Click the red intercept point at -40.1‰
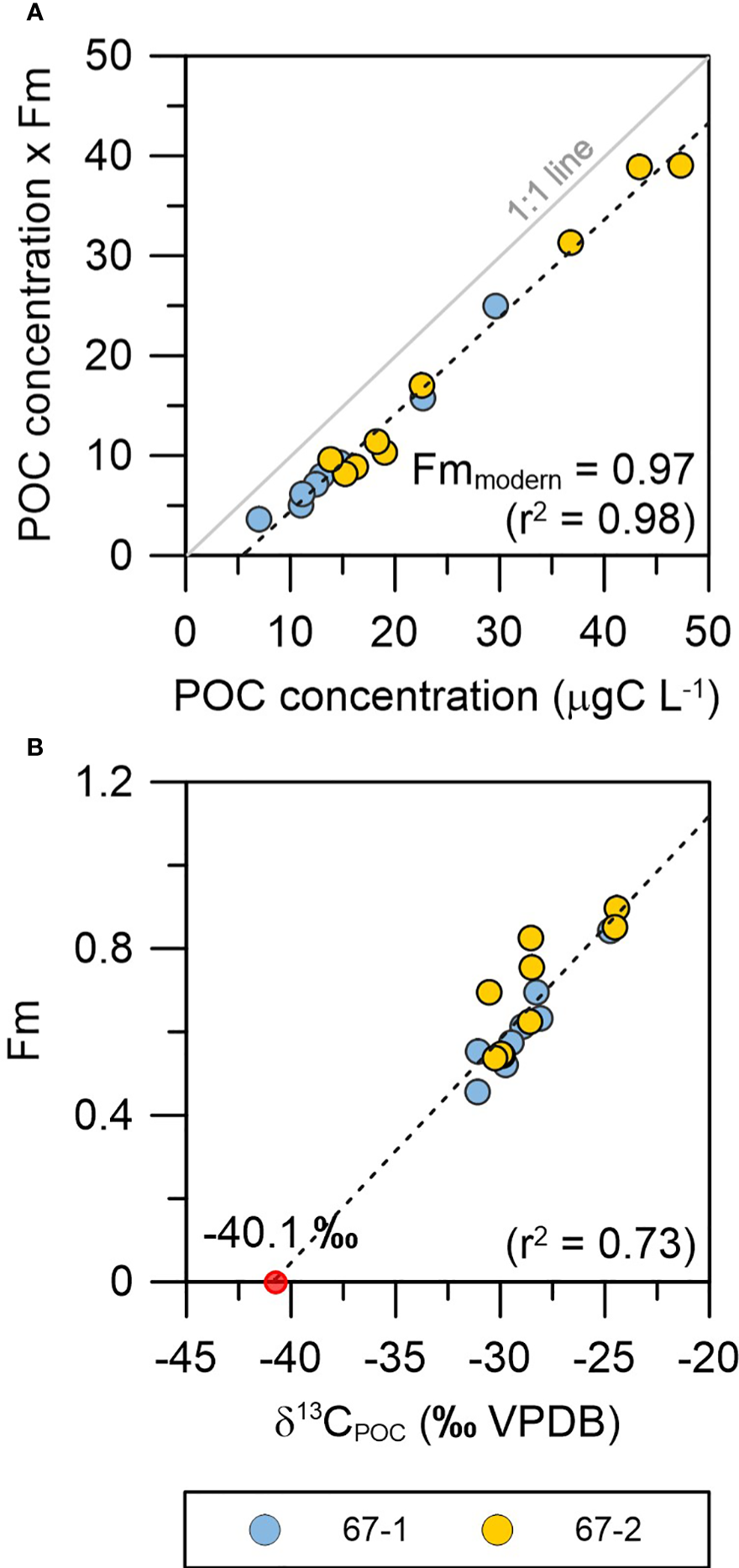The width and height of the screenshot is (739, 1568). pyautogui.click(x=275, y=1282)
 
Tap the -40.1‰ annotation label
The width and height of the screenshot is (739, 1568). pyautogui.click(x=280, y=1237)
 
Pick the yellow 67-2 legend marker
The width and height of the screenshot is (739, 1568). pyautogui.click(x=497, y=1529)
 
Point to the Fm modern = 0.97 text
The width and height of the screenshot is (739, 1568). pyautogui.click(x=553, y=470)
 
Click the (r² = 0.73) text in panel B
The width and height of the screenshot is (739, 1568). pyautogui.click(x=601, y=1244)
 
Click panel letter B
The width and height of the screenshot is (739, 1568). pyautogui.click(x=34, y=747)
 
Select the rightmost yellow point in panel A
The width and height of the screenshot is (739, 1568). pyautogui.click(x=680, y=165)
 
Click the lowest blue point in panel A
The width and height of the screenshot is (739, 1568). pyautogui.click(x=259, y=519)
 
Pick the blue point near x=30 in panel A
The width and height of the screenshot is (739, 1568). pyautogui.click(x=495, y=306)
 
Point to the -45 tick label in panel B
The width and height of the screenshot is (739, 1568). pyautogui.click(x=186, y=1356)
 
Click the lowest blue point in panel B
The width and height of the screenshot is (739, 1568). pyautogui.click(x=477, y=1092)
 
